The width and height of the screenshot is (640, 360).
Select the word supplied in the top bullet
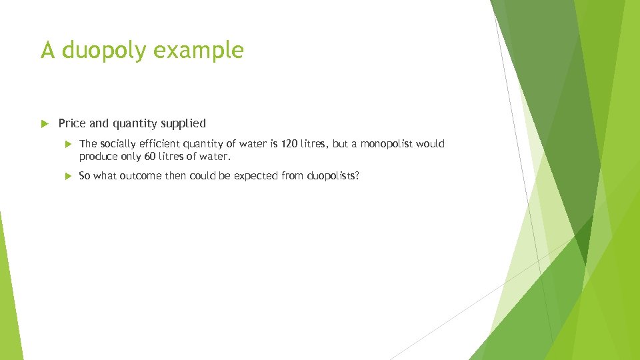183,123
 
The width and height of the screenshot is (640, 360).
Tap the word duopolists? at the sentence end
333,176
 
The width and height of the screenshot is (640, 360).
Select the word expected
257,176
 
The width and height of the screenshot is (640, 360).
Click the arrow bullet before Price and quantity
45,123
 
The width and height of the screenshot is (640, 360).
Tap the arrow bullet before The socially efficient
67,144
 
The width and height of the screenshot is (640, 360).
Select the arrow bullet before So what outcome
67,176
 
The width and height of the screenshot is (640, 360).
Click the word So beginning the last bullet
85,176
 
